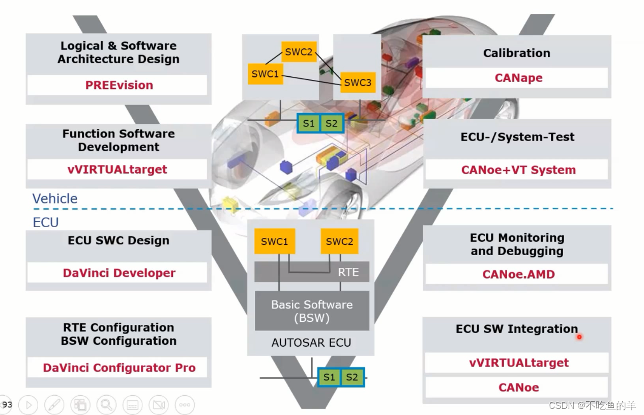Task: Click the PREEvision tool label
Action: pyautogui.click(x=119, y=85)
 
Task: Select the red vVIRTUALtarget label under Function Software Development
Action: pyautogui.click(x=117, y=170)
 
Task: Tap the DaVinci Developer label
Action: pyautogui.click(x=119, y=273)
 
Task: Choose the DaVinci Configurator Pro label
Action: pyautogui.click(x=119, y=368)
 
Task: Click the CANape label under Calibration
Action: pyautogui.click(x=518, y=78)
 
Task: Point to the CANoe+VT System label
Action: pyautogui.click(x=518, y=170)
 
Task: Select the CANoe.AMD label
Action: pyautogui.click(x=518, y=274)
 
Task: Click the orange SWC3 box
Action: pyautogui.click(x=358, y=82)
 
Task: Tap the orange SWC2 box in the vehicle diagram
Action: pyautogui.click(x=299, y=51)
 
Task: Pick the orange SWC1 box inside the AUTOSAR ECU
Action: pyautogui.click(x=275, y=242)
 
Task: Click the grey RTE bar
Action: pyautogui.click(x=312, y=272)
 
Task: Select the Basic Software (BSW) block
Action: pyautogui.click(x=312, y=311)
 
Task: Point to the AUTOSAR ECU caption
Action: pyautogui.click(x=311, y=343)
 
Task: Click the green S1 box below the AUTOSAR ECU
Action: pyautogui.click(x=329, y=377)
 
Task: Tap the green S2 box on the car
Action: pyautogui.click(x=332, y=123)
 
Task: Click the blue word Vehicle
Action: pyautogui.click(x=55, y=199)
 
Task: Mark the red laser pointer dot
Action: pyautogui.click(x=579, y=337)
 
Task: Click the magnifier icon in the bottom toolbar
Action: pyautogui.click(x=106, y=405)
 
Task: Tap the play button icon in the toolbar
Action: pyautogui.click(x=28, y=405)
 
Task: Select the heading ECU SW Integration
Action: pyautogui.click(x=516, y=329)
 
